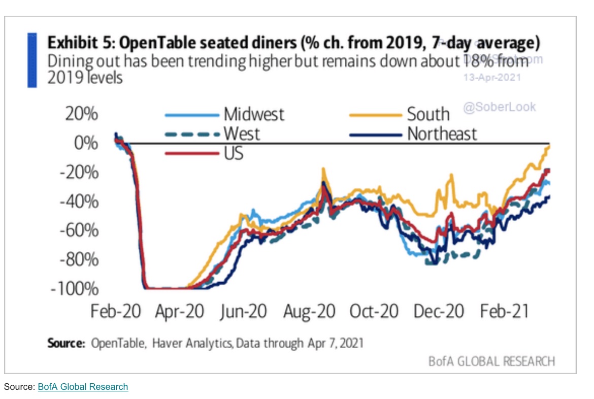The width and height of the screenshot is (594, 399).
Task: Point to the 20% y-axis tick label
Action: (81, 114)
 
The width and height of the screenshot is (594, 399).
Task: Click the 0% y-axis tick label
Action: (85, 143)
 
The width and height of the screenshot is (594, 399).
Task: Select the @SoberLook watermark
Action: (499, 107)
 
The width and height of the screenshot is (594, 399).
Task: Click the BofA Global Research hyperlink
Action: (83, 387)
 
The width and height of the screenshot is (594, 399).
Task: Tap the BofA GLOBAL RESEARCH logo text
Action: (491, 361)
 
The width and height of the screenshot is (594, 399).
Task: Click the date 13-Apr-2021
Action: (492, 78)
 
